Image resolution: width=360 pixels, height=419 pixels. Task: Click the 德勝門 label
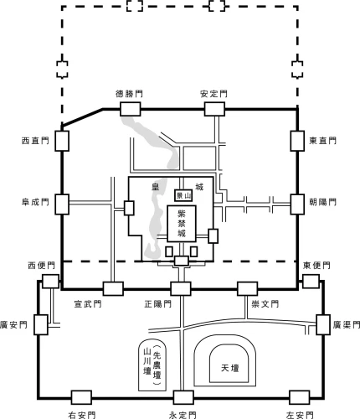(129, 94)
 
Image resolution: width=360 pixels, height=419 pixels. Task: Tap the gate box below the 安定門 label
(214, 109)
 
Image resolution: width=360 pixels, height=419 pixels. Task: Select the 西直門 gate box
(62, 141)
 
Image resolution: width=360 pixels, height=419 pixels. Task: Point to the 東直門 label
(322, 141)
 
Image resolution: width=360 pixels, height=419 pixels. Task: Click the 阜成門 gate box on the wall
(62, 204)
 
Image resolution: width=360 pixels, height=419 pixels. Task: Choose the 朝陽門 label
(322, 202)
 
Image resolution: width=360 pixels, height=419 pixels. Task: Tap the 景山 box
(183, 195)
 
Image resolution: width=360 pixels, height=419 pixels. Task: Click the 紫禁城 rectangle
(182, 224)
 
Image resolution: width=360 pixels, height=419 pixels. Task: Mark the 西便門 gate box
(51, 282)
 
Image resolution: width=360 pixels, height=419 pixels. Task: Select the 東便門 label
(316, 266)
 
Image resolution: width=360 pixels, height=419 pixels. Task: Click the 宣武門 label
(88, 304)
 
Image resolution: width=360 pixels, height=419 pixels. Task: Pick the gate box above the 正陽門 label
(181, 288)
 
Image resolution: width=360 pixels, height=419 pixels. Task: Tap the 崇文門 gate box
(247, 288)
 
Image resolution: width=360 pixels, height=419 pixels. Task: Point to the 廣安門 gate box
(41, 324)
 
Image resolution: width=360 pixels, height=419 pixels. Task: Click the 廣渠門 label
(346, 324)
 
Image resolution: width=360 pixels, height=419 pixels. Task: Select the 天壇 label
(230, 368)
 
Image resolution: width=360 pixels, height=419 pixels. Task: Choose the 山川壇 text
(147, 361)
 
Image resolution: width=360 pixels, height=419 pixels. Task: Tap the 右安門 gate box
(81, 397)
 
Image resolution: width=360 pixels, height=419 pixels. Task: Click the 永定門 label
(183, 415)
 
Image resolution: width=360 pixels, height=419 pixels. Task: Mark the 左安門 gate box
(299, 397)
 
